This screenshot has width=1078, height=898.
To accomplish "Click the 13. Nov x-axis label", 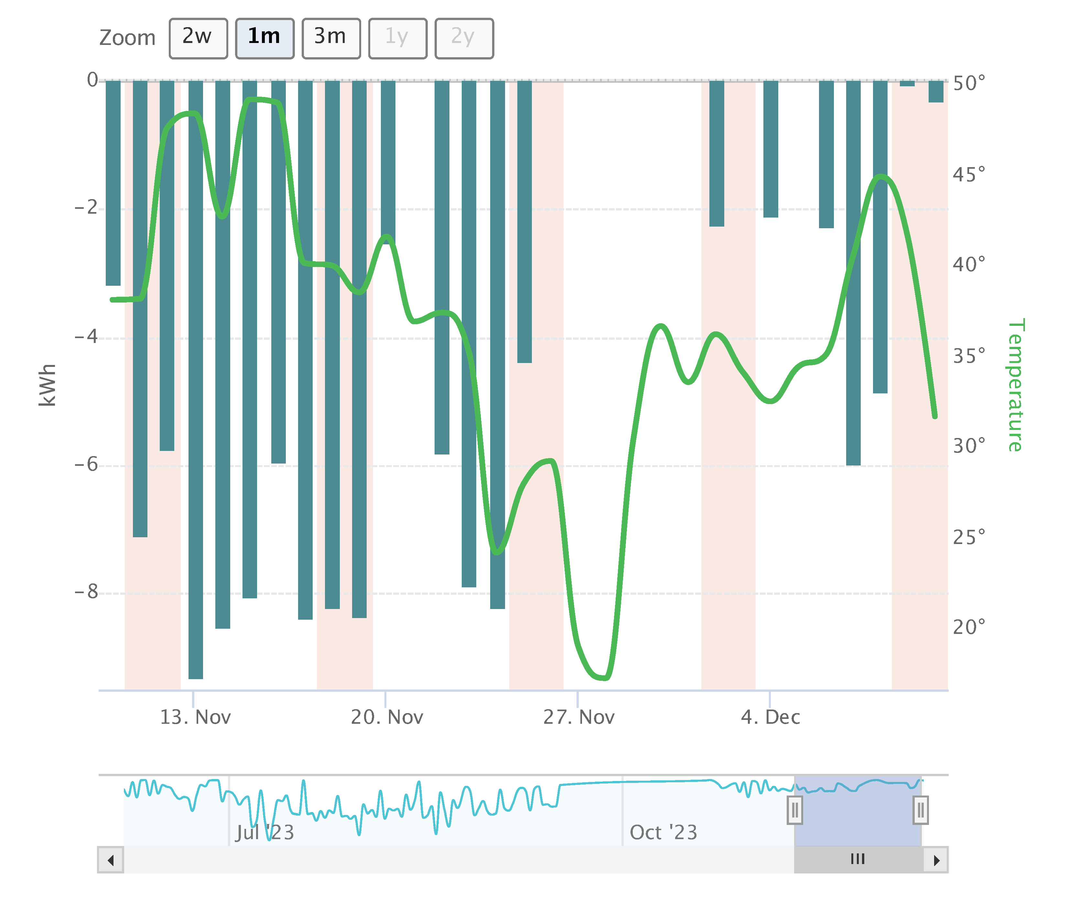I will point(195,717).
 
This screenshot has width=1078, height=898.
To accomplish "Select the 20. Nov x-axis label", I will point(387,717).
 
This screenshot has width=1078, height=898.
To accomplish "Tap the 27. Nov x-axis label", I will point(579,717).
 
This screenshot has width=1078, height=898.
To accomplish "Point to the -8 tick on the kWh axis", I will point(86,592).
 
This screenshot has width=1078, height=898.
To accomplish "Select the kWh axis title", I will point(47,385).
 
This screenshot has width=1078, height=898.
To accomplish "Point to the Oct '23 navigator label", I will point(663,833).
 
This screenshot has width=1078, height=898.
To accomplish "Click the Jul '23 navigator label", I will point(265,833).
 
